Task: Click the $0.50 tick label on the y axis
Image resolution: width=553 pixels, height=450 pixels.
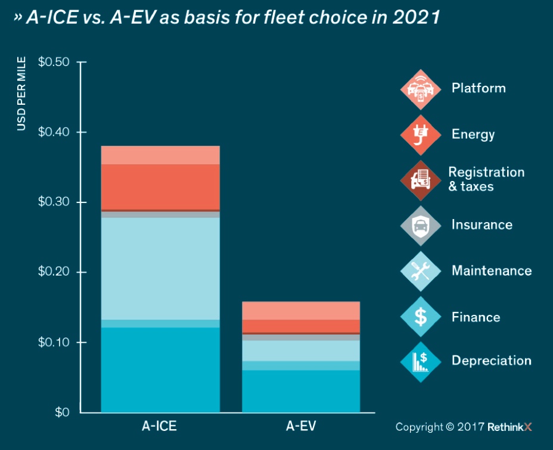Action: [x=54, y=62]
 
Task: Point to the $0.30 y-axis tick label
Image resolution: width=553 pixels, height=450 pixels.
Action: [x=54, y=202]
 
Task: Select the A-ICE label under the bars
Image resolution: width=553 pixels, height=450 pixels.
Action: [x=159, y=426]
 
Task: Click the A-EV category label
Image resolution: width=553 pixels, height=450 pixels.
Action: [x=300, y=426]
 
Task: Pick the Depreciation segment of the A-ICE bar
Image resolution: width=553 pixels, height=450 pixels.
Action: [x=160, y=369]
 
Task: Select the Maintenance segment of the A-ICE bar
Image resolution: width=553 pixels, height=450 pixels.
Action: [x=160, y=268]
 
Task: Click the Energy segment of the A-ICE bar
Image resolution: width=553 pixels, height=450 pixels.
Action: [x=160, y=186]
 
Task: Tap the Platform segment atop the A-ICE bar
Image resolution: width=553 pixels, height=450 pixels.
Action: [x=160, y=155]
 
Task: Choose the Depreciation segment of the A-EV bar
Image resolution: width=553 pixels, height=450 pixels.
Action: [x=300, y=390]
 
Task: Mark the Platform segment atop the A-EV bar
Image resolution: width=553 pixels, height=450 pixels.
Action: [x=300, y=311]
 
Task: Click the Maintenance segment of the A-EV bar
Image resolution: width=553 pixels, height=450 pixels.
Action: [x=300, y=351]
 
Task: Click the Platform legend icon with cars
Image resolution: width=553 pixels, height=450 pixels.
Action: [x=421, y=89]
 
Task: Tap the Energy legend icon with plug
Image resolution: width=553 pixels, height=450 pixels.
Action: [x=421, y=134]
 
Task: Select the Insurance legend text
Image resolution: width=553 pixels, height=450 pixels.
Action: [x=481, y=225]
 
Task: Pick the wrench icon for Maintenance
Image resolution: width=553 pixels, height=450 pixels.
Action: [x=421, y=271]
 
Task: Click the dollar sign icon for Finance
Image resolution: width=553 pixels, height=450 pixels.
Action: [x=421, y=317]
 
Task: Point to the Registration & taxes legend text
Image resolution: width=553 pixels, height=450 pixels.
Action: [x=486, y=179]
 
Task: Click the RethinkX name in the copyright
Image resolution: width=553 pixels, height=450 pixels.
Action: [x=508, y=427]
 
